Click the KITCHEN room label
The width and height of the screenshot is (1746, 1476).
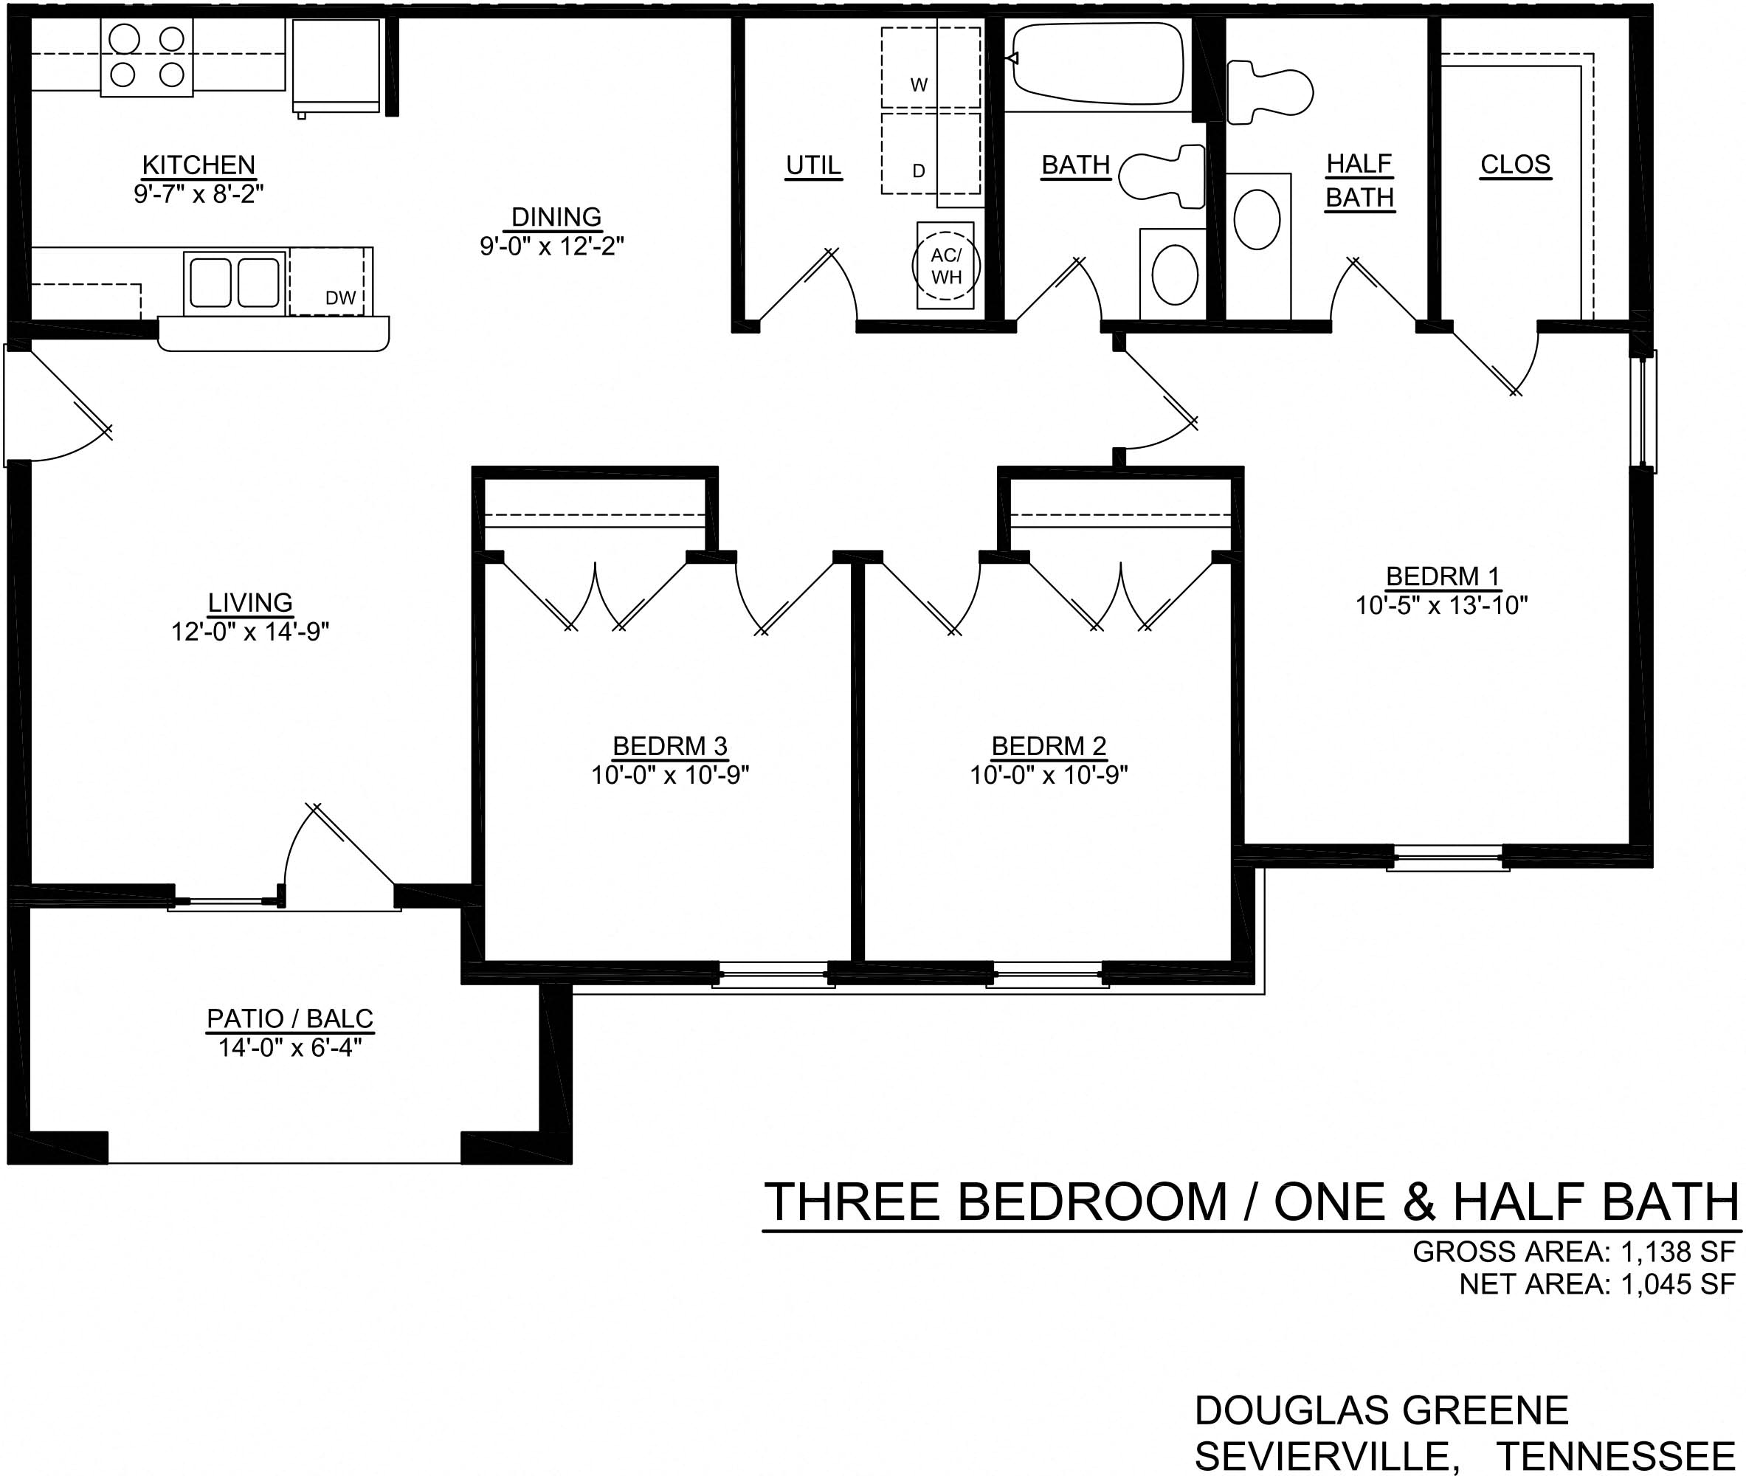pyautogui.click(x=199, y=165)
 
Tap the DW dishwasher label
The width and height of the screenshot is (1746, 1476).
pyautogui.click(x=340, y=298)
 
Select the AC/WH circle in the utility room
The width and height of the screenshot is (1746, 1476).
pyautogui.click(x=945, y=266)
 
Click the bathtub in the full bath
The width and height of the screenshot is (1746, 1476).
pyautogui.click(x=1097, y=62)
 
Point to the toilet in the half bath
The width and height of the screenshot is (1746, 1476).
pyautogui.click(x=1269, y=92)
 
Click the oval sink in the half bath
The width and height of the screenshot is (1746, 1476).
pyautogui.click(x=1257, y=219)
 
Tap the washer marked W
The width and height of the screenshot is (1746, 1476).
pyautogui.click(x=919, y=85)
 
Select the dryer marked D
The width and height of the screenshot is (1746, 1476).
pyautogui.click(x=919, y=170)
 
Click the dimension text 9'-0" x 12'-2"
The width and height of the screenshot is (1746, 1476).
pyautogui.click(x=552, y=246)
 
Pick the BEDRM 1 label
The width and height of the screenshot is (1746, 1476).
pyautogui.click(x=1442, y=576)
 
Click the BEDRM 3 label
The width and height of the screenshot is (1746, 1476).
pyautogui.click(x=670, y=745)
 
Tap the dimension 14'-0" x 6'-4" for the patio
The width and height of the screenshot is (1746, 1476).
pyautogui.click(x=290, y=1048)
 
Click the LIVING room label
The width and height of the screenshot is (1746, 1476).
pyautogui.click(x=250, y=602)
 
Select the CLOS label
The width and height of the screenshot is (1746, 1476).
pyautogui.click(x=1515, y=165)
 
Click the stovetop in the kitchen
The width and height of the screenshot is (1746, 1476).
pyautogui.click(x=148, y=57)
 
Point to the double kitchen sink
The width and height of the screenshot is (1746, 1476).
pyautogui.click(x=235, y=283)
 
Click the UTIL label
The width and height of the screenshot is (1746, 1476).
pyautogui.click(x=813, y=165)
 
